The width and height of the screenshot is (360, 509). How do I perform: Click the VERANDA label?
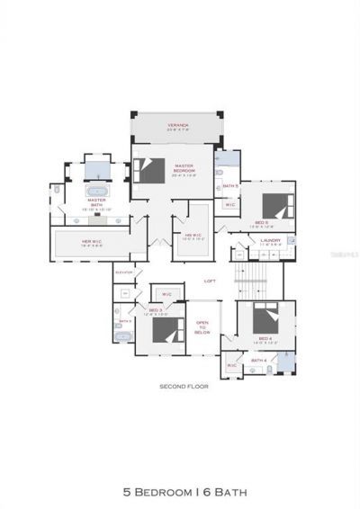click(177, 125)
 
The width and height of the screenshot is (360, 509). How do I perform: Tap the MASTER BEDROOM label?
click(184, 167)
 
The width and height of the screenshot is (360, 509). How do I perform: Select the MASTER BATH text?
click(96, 204)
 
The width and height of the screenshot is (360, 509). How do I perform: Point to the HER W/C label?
click(91, 241)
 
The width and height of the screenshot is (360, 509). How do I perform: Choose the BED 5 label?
click(260, 222)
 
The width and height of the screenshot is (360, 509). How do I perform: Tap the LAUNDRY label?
click(270, 240)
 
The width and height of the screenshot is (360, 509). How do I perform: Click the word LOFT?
click(210, 281)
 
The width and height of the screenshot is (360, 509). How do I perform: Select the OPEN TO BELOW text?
click(202, 325)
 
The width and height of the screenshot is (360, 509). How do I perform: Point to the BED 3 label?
click(155, 310)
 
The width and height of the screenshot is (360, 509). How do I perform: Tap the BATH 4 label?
click(259, 360)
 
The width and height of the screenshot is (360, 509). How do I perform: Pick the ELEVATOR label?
click(124, 272)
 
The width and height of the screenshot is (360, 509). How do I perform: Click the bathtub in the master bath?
click(95, 192)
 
